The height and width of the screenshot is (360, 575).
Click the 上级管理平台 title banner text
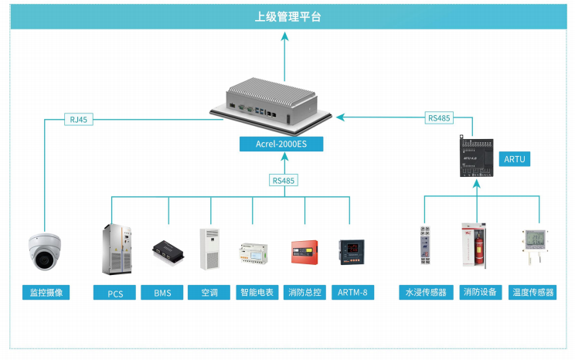tap(287, 16)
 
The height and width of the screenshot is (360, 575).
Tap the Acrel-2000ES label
tap(284, 144)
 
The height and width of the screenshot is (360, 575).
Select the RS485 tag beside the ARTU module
tap(439, 118)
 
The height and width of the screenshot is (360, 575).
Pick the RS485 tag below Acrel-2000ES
tap(284, 180)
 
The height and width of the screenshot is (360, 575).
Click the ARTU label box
tap(515, 158)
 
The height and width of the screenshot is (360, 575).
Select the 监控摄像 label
tap(46, 293)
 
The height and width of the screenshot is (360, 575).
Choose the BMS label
tap(162, 293)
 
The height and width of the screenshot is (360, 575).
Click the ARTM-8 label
tap(353, 293)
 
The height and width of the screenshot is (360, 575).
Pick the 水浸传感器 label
tap(424, 293)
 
